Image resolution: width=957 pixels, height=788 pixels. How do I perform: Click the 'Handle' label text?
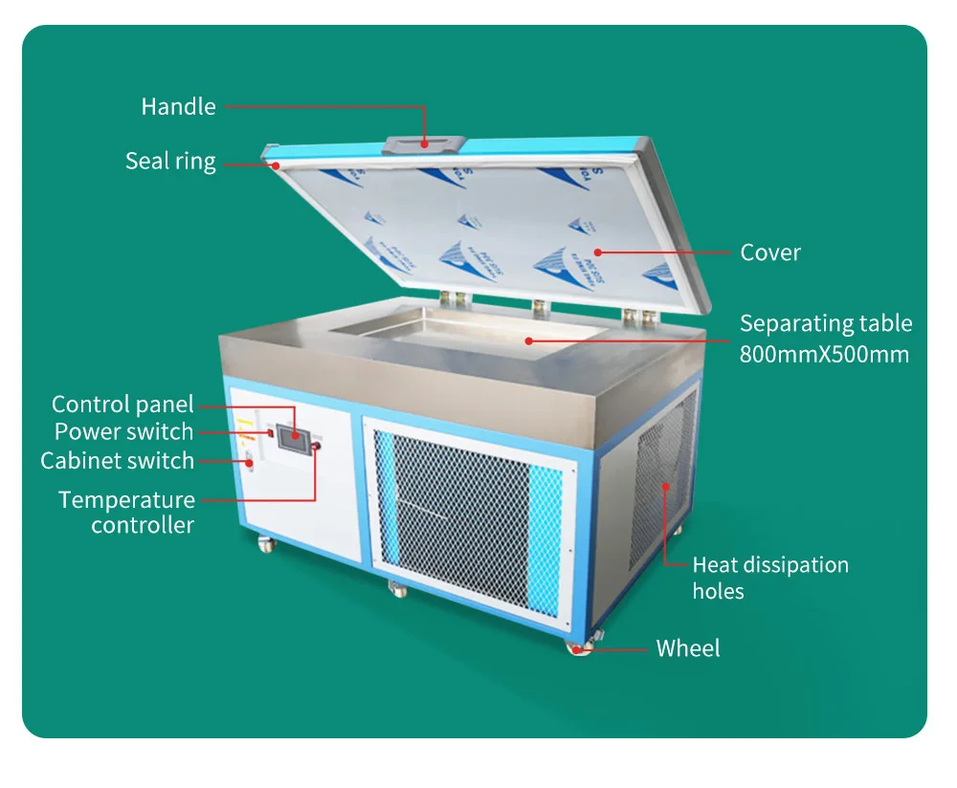tap(178, 107)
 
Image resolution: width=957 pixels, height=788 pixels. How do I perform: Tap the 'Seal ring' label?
tap(170, 162)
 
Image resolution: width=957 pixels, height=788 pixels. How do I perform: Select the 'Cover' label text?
tap(770, 252)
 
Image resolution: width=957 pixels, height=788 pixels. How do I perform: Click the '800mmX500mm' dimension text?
tap(824, 355)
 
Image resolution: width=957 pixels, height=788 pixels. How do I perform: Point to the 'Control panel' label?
tap(122, 405)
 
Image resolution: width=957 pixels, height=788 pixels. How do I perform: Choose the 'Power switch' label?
tap(123, 432)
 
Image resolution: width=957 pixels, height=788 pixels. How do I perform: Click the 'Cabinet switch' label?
tap(117, 461)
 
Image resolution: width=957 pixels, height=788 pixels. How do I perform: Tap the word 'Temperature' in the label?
tap(127, 500)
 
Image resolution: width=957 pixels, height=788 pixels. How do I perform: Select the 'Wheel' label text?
tap(688, 648)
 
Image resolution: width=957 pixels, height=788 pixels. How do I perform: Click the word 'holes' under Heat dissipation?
tap(718, 591)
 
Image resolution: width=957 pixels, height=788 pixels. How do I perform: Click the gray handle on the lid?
tap(424, 144)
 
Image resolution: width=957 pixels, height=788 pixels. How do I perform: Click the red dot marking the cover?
tap(597, 252)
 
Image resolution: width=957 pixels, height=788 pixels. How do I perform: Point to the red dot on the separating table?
tap(528, 341)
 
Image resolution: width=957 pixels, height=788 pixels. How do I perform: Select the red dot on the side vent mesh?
tap(665, 486)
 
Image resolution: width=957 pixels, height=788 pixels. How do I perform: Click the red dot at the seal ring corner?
tap(276, 165)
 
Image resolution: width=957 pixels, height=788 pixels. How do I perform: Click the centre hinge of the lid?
tap(541, 308)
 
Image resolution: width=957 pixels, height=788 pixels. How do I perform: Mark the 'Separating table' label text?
tap(826, 324)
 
